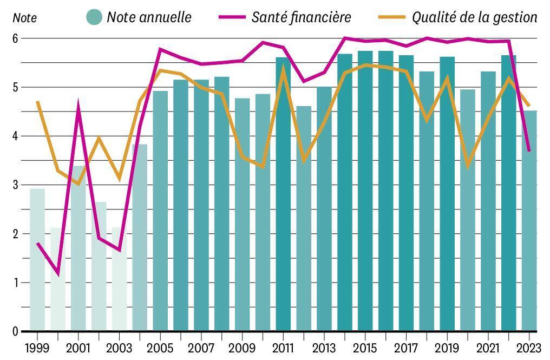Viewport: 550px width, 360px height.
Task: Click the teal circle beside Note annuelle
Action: pyautogui.click(x=94, y=17)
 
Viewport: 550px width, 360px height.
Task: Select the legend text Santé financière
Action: pyautogui.click(x=301, y=17)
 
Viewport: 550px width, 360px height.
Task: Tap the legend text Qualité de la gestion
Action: pyautogui.click(x=474, y=17)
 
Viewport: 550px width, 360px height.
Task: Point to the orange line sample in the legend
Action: pyautogui.click(x=392, y=17)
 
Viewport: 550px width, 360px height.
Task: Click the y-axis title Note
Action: pyautogui.click(x=25, y=18)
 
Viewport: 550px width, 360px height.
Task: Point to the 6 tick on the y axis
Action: pyautogui.click(x=16, y=39)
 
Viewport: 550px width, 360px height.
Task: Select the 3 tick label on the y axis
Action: pyautogui.click(x=16, y=185)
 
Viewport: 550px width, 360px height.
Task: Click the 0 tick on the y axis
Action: pyautogui.click(x=16, y=331)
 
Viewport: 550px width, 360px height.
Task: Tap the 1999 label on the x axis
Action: pyautogui.click(x=37, y=346)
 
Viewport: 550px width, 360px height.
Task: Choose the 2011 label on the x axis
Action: pyautogui.click(x=283, y=346)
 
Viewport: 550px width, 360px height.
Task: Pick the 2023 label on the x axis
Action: pyautogui.click(x=529, y=346)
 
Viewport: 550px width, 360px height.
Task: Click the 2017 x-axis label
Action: pyautogui.click(x=406, y=346)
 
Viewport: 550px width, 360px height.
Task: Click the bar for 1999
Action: pyautogui.click(x=37, y=260)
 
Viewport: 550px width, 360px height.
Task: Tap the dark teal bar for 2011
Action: pyautogui.click(x=283, y=194)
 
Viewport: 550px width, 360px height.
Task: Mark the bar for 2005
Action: pyautogui.click(x=160, y=211)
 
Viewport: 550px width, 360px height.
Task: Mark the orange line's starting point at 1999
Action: pyautogui.click(x=37, y=102)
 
